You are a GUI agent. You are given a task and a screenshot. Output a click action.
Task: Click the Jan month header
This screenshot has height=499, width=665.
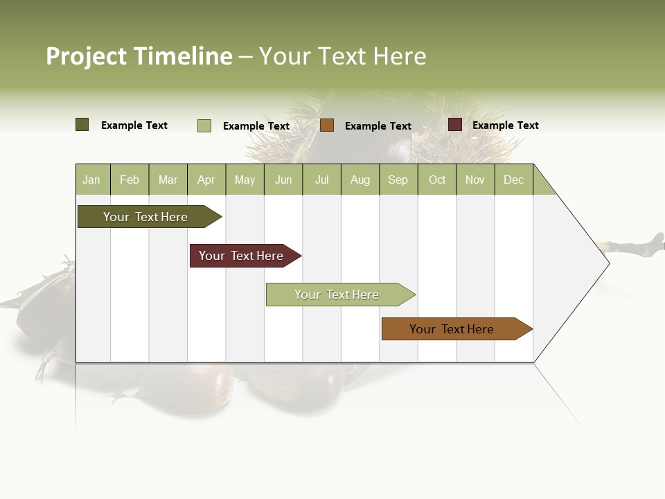coord(92,180)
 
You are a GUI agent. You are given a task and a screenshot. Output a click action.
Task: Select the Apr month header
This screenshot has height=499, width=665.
coord(206,180)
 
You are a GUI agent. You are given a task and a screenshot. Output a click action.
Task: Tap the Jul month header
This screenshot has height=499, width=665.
coord(321,180)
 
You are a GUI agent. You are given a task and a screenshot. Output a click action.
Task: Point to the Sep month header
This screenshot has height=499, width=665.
coord(398,180)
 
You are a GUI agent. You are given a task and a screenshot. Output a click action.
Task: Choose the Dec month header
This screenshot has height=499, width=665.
coord(513,180)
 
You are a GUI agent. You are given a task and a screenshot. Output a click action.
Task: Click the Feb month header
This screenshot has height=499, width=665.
coord(130,180)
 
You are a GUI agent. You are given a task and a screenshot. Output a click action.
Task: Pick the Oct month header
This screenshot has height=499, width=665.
coord(437,180)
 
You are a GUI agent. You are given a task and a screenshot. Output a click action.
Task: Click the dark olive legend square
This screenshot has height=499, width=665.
coord(82,125)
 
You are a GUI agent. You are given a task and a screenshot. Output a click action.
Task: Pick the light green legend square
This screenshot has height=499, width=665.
coord(204,125)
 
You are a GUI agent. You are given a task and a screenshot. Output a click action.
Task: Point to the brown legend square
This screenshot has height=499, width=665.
coord(327,125)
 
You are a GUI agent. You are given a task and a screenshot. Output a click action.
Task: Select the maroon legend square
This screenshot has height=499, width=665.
coord(455,125)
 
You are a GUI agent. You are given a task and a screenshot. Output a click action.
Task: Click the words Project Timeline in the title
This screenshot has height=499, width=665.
coord(139,56)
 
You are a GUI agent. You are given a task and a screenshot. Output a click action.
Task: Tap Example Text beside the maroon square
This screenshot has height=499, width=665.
coord(505,125)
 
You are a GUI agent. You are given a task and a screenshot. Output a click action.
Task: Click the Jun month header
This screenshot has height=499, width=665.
coord(283,180)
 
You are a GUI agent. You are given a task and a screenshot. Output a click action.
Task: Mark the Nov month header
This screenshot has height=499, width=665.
coord(475,180)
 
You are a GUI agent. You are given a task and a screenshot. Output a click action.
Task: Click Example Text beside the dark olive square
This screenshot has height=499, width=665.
coord(134,125)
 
